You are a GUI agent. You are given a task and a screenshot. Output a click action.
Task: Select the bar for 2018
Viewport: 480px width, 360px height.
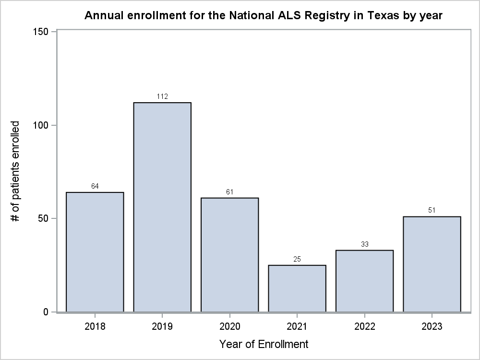[x=95, y=252]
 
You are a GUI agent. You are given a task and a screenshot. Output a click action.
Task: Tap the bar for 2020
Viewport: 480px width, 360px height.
[x=229, y=255]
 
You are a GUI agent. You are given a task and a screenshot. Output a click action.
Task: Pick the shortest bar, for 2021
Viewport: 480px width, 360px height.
[x=297, y=288]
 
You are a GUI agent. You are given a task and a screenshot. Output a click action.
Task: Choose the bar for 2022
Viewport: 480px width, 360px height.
[x=364, y=281]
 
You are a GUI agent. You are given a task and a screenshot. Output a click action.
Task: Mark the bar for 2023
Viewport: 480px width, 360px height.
[x=432, y=264]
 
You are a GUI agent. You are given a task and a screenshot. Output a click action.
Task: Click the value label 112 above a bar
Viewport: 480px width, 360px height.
[x=162, y=97]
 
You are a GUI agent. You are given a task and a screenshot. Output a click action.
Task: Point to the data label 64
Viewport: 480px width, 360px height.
[x=95, y=186]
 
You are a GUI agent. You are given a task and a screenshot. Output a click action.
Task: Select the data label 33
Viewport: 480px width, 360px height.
[x=364, y=244]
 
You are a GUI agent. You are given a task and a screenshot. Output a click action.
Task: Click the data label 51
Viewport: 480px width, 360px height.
[x=432, y=211]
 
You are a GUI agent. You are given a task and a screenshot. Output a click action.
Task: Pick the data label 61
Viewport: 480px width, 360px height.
[x=229, y=192]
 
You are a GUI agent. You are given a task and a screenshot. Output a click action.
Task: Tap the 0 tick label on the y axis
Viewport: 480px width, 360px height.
[x=46, y=312]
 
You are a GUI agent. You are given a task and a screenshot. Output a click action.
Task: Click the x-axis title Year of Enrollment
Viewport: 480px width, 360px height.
[x=264, y=344]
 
